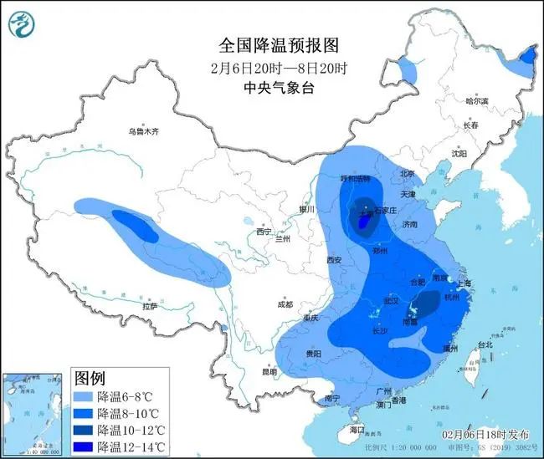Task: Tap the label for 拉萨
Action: click(150, 306)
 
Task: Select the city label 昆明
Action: click(269, 370)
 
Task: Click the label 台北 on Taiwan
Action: click(484, 344)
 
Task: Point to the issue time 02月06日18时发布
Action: click(485, 435)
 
